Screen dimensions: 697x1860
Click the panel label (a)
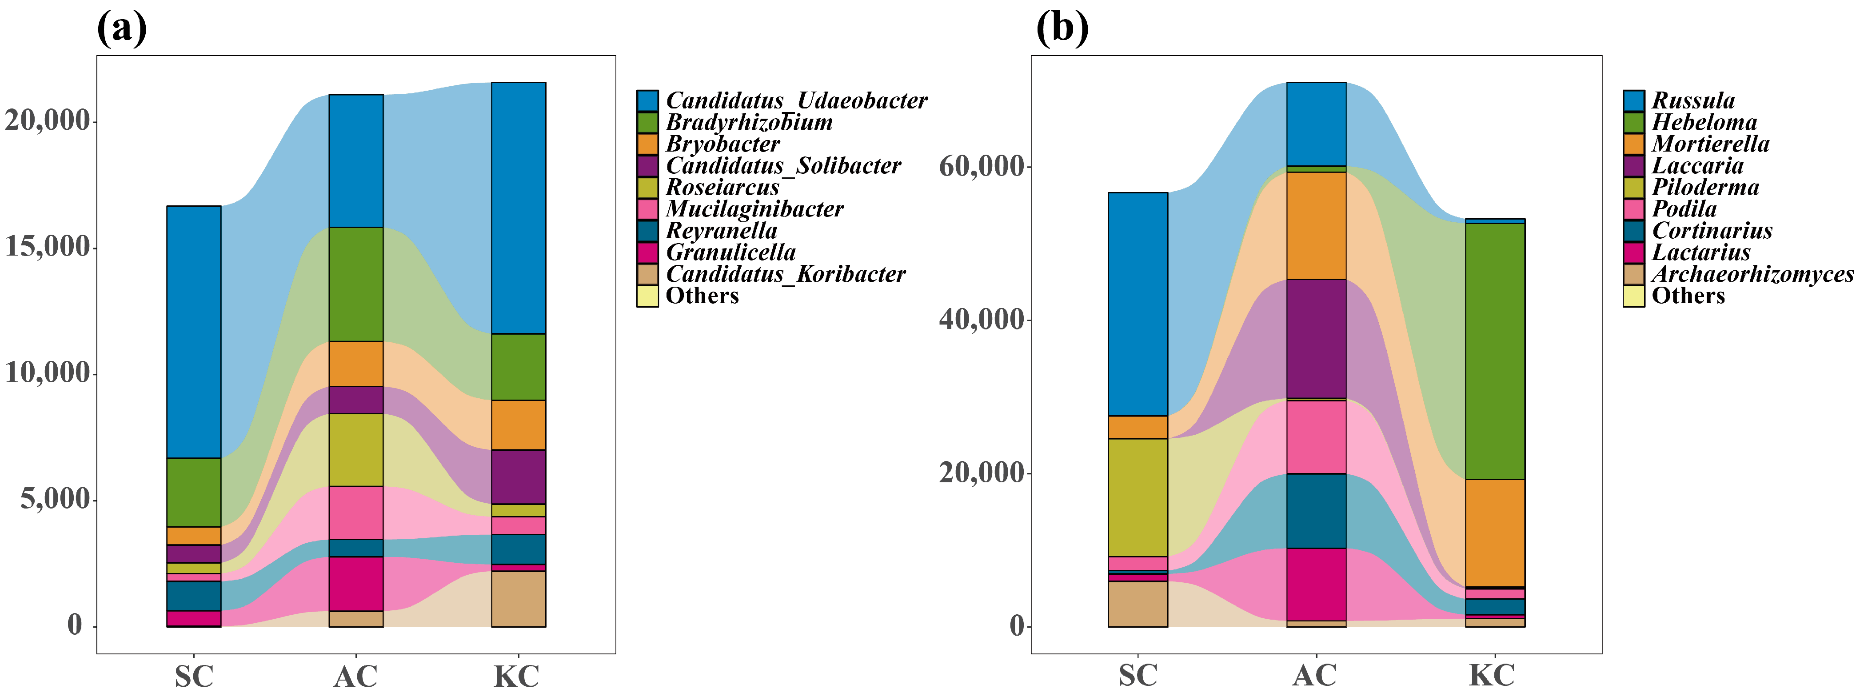(121, 29)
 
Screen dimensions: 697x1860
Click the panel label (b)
(1062, 29)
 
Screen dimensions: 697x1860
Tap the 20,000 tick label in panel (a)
(48, 120)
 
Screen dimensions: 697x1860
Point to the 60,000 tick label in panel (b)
(982, 166)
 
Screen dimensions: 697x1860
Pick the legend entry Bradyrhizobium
(749, 122)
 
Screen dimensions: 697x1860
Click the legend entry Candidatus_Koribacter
(785, 274)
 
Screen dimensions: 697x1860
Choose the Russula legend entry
(1693, 100)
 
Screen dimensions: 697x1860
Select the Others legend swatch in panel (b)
(1633, 296)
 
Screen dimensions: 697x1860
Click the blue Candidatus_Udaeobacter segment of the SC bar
(194, 332)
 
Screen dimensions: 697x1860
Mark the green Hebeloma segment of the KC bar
(1495, 351)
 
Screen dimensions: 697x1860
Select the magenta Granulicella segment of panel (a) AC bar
(356, 584)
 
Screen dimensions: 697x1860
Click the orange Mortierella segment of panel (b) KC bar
(1495, 533)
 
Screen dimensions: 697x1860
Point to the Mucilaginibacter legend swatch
(647, 209)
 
